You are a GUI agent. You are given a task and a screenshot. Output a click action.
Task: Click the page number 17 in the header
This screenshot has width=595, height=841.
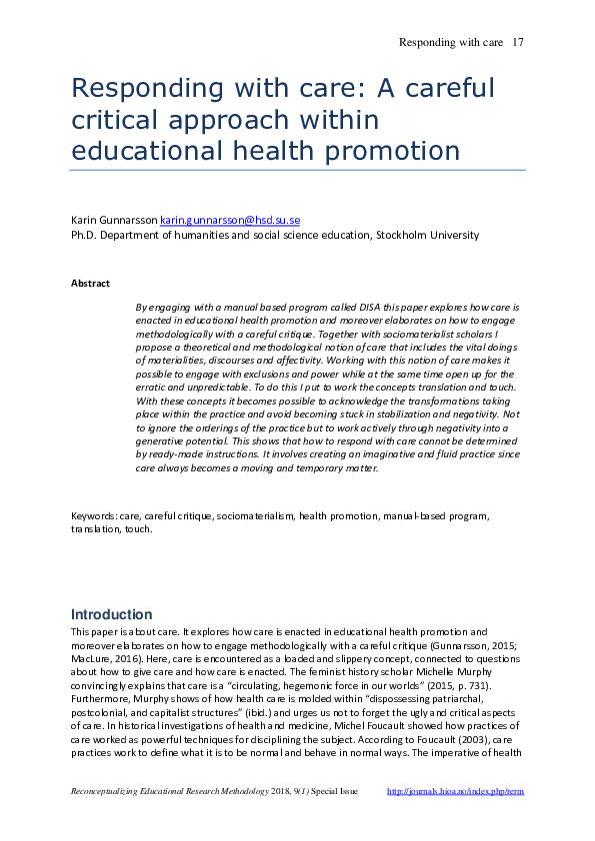tap(518, 42)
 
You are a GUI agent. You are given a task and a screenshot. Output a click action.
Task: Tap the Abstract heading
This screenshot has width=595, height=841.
tap(90, 284)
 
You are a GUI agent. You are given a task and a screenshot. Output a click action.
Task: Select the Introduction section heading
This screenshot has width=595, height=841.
tap(111, 614)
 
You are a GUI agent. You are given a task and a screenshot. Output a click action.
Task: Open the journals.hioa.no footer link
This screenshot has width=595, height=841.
tap(455, 791)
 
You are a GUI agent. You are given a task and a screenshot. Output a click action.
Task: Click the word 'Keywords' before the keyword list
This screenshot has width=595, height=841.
tap(92, 516)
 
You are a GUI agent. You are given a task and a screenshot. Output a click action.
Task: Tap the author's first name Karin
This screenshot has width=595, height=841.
tap(85, 220)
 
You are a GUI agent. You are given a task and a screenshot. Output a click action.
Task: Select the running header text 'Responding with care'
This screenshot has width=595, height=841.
tap(449, 42)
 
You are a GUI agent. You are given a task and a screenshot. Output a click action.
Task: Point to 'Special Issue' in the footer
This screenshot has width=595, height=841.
tap(336, 791)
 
